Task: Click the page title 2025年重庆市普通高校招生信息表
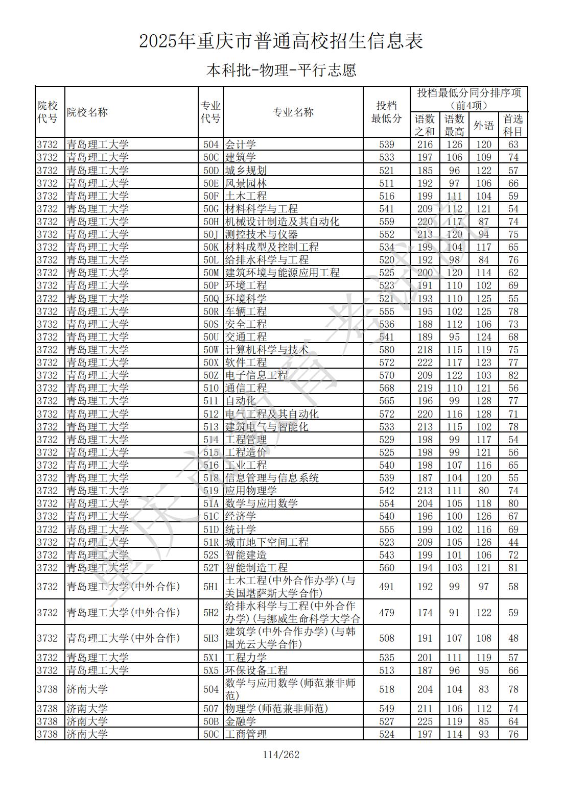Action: pyautogui.click(x=281, y=41)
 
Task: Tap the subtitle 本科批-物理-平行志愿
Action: pyautogui.click(x=281, y=70)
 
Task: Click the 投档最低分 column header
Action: pyautogui.click(x=386, y=112)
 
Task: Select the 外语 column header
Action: pyautogui.click(x=483, y=125)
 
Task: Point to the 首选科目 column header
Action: pyautogui.click(x=513, y=125)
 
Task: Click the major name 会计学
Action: pyautogui.click(x=241, y=144)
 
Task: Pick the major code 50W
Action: pyautogui.click(x=210, y=350)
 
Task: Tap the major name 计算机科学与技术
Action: pyautogui.click(x=267, y=350)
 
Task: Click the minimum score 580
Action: pyautogui.click(x=387, y=350)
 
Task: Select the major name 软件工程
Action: pyautogui.click(x=246, y=363)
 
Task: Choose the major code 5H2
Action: pyautogui.click(x=210, y=612)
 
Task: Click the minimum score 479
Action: pyautogui.click(x=387, y=612)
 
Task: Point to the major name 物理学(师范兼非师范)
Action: pyautogui.click(x=276, y=708)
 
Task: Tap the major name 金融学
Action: pyautogui.click(x=241, y=721)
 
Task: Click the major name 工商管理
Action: pyautogui.click(x=246, y=734)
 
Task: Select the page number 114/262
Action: pyautogui.click(x=281, y=755)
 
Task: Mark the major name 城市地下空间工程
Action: pyautogui.click(x=267, y=542)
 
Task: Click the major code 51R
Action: pyautogui.click(x=210, y=542)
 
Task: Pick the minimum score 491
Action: pyautogui.click(x=387, y=587)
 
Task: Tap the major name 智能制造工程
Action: pyautogui.click(x=256, y=567)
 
